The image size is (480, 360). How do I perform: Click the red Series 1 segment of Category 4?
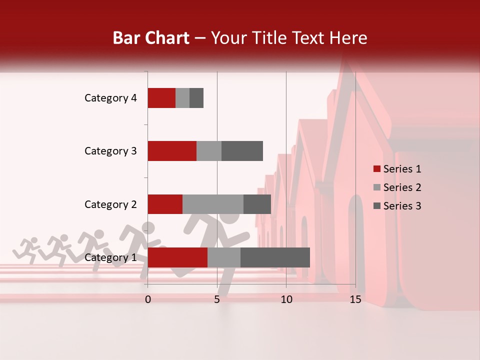pyautogui.click(x=161, y=98)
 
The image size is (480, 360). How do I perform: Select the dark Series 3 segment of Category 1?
pyautogui.click(x=275, y=257)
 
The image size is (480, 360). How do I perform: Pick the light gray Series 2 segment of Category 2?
pyautogui.click(x=213, y=204)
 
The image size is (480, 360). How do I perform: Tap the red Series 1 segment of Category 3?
pyautogui.click(x=172, y=151)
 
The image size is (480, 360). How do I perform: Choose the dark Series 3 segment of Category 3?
pyautogui.click(x=242, y=151)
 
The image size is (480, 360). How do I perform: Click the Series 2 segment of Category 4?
pyautogui.click(x=182, y=98)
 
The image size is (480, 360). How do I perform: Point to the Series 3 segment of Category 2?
pyautogui.click(x=257, y=204)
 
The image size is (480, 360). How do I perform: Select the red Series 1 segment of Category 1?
pyautogui.click(x=177, y=257)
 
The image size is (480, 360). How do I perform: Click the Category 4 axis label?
pyautogui.click(x=110, y=98)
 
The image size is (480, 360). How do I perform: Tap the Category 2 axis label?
pyautogui.click(x=110, y=204)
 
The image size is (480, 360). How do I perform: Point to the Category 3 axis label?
pyautogui.click(x=110, y=151)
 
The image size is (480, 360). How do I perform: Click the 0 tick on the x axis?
pyautogui.click(x=148, y=299)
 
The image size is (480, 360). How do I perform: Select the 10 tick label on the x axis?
pyautogui.click(x=286, y=299)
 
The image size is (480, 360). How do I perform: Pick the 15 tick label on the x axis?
pyautogui.click(x=355, y=299)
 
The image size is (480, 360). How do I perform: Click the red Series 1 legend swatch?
pyautogui.click(x=377, y=169)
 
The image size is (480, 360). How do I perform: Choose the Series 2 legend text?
pyautogui.click(x=402, y=187)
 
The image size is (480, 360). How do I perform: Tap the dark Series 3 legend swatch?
pyautogui.click(x=377, y=206)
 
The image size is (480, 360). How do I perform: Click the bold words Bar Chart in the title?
pyautogui.click(x=151, y=38)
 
